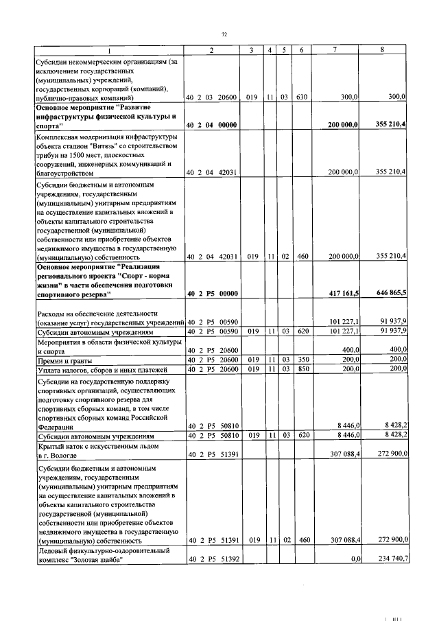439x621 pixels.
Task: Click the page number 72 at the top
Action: click(x=224, y=34)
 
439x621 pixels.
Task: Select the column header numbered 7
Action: click(x=334, y=50)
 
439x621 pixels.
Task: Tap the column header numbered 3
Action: click(x=252, y=50)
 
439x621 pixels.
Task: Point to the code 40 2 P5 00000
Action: click(x=212, y=293)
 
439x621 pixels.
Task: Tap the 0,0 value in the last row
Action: click(x=355, y=560)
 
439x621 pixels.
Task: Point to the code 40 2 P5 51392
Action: click(x=212, y=560)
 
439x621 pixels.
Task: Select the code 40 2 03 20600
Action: click(x=212, y=97)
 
